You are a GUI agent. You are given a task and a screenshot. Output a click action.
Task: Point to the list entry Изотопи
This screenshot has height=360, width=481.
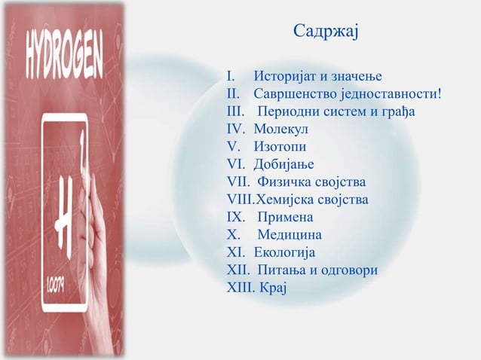coord(281,148)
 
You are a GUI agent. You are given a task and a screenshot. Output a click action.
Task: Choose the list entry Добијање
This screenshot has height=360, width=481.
coord(284,165)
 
